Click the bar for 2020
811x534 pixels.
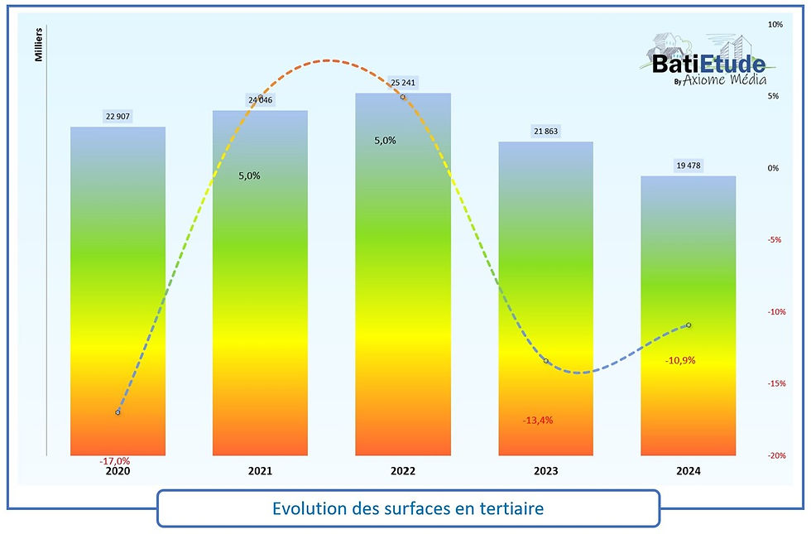click(118, 290)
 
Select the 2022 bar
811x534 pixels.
click(403, 273)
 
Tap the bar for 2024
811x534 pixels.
click(689, 315)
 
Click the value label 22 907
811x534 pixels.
click(118, 117)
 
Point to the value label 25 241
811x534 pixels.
click(403, 83)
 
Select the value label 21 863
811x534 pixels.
click(545, 132)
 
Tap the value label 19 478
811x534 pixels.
click(689, 166)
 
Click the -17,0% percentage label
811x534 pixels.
click(114, 461)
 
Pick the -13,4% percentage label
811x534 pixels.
click(538, 420)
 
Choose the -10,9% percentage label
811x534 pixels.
click(680, 361)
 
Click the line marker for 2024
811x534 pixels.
click(689, 325)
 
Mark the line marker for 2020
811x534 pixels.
click(118, 411)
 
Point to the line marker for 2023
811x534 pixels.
click(546, 361)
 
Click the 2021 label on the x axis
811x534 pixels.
click(260, 471)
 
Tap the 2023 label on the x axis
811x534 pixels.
click(545, 471)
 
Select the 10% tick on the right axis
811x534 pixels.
click(775, 25)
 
